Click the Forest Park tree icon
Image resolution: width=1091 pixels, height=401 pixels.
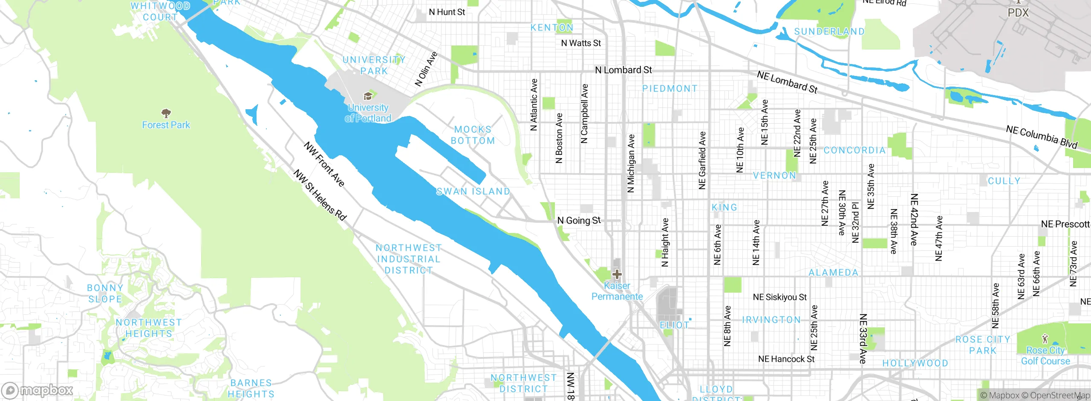[166, 113]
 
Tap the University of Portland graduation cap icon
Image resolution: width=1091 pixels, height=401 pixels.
[368, 96]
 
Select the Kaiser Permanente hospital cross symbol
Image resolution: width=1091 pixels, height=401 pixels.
[617, 274]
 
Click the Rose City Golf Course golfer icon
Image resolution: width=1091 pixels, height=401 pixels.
[1045, 340]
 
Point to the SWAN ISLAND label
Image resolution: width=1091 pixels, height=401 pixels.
[473, 192]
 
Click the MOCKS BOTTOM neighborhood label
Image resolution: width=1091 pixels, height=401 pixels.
[473, 135]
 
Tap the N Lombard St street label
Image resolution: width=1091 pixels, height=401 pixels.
[623, 70]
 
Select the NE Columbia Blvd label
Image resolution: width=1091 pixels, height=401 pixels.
[1041, 137]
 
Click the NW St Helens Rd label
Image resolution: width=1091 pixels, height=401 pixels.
[320, 195]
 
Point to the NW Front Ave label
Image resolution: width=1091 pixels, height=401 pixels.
[324, 164]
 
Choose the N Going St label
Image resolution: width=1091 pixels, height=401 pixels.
[579, 221]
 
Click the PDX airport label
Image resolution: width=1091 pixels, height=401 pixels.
[1018, 12]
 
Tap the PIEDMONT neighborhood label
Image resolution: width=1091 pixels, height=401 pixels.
[670, 89]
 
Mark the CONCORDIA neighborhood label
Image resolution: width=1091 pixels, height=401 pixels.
[854, 150]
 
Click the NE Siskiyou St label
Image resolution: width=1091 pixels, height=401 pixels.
[779, 297]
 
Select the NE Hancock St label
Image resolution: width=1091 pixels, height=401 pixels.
[786, 359]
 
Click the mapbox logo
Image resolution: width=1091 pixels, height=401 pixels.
[38, 390]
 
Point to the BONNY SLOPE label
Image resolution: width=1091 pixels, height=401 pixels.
[105, 293]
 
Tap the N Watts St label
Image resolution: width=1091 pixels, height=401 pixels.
[580, 43]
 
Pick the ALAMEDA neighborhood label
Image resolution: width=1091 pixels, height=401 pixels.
[833, 273]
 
